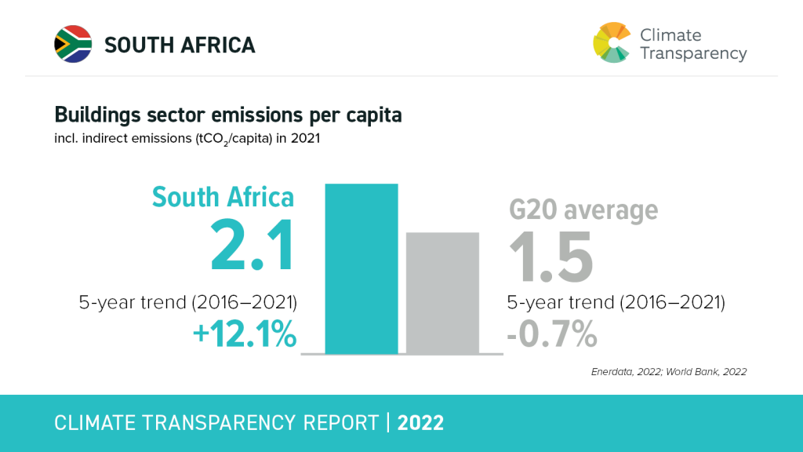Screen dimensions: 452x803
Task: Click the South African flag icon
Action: (73, 44)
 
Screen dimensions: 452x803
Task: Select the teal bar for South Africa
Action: (362, 268)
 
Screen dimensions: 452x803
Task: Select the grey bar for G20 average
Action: (441, 293)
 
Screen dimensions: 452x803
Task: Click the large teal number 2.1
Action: (252, 247)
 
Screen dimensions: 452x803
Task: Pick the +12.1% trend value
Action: (245, 335)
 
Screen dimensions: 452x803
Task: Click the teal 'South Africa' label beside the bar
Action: (223, 196)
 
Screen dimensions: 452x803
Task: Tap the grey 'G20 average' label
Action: (583, 210)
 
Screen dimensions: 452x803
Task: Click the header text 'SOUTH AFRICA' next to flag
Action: (180, 46)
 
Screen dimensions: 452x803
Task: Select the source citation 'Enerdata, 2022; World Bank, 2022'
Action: (668, 371)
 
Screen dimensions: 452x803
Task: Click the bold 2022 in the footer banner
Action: (420, 423)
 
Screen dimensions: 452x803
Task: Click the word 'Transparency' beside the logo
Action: (693, 54)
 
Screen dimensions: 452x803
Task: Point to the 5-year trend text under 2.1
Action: (188, 303)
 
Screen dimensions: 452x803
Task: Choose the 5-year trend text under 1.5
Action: (616, 303)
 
